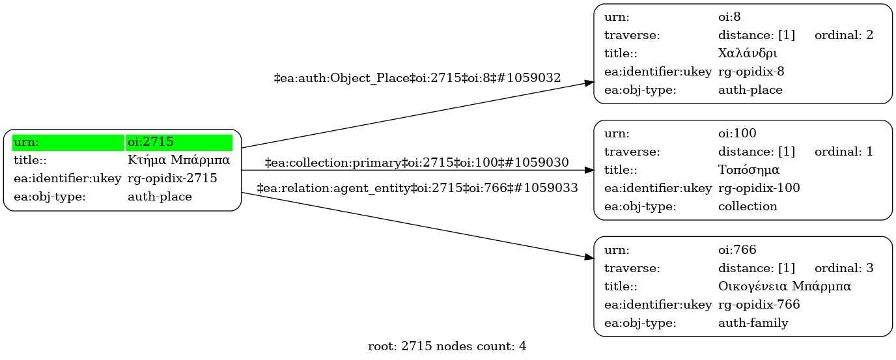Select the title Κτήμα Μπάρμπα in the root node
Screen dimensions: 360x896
pos(179,160)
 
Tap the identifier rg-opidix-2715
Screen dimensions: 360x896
pos(173,178)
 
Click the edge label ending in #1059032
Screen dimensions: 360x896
pos(417,78)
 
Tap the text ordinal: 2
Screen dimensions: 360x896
pos(843,35)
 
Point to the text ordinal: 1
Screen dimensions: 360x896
pos(843,152)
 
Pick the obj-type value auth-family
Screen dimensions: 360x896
pos(753,322)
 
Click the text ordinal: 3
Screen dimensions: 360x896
pos(843,268)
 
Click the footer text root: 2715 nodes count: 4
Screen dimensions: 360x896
pos(447,346)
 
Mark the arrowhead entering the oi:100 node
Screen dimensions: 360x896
pos(589,170)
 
